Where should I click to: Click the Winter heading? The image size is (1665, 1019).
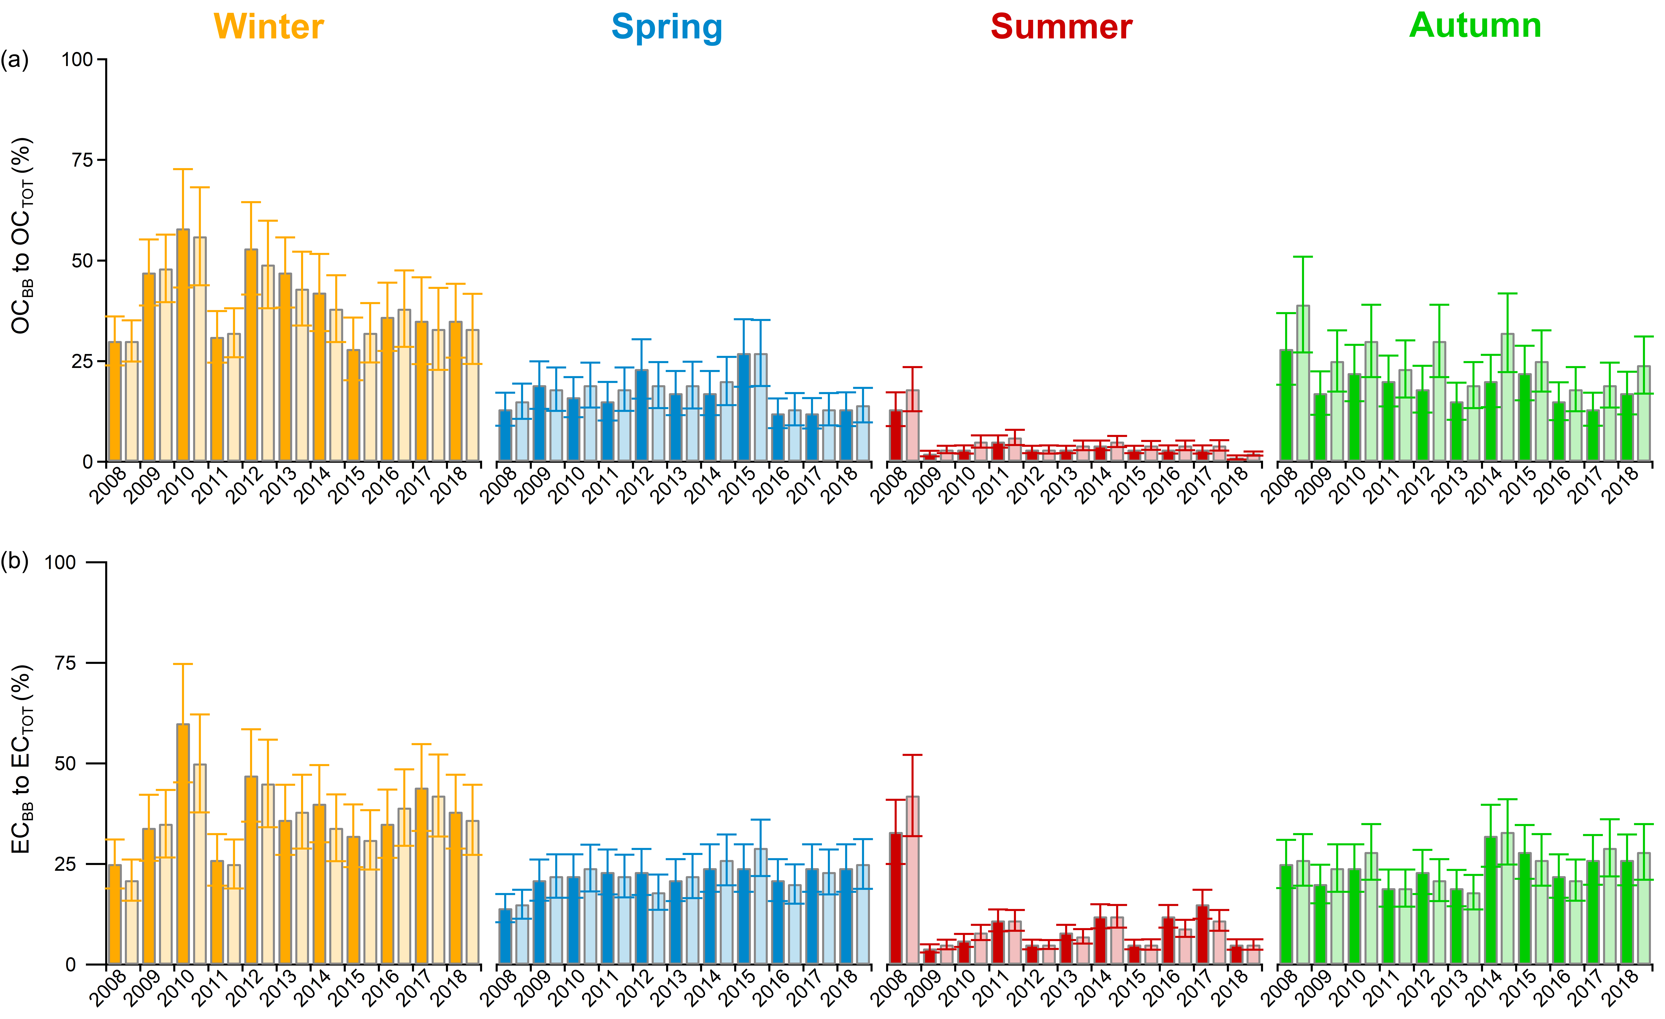tap(269, 27)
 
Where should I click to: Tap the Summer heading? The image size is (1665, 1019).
tap(1061, 27)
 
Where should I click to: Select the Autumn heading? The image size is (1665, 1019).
tap(1475, 26)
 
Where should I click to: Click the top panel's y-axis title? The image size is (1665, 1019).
tap(22, 237)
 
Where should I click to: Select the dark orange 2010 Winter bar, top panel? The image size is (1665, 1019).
tap(183, 346)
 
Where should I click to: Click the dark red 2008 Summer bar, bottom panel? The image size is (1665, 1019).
tap(895, 899)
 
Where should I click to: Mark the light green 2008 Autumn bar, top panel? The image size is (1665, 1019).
tap(1303, 384)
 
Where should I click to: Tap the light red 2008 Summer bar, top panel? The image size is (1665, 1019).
tap(912, 426)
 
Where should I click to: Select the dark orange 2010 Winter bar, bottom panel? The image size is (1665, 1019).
tap(183, 845)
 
